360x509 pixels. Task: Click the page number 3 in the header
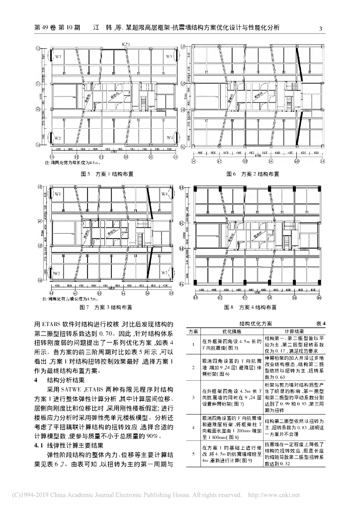pos(321,28)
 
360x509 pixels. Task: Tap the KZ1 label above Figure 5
pos(126,45)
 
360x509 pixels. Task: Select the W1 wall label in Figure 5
pos(58,57)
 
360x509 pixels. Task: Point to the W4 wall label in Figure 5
pos(170,137)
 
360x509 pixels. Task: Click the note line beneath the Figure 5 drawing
pos(74,163)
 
